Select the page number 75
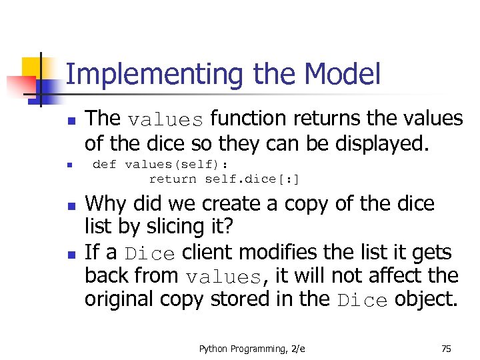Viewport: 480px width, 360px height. point(446,348)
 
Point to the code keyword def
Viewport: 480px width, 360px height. point(105,164)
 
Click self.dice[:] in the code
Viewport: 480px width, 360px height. point(252,179)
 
